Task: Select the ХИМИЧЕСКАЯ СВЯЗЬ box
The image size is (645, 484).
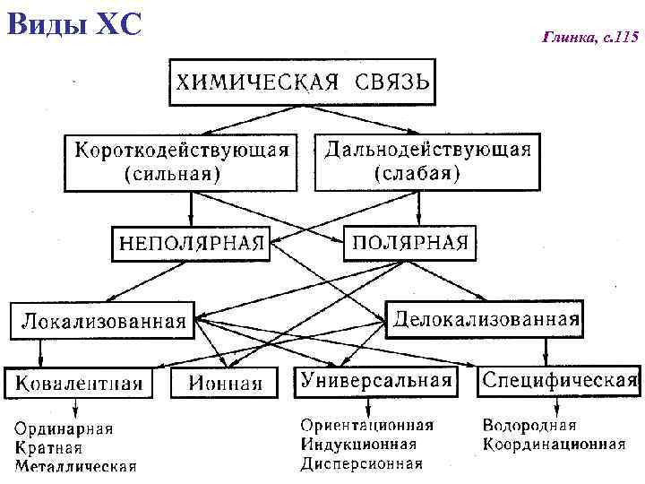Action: coord(302,82)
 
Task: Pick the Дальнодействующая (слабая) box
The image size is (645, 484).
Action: coord(426,161)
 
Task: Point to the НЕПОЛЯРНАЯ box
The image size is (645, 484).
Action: coord(191,243)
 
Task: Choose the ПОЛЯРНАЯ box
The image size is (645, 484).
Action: coord(410,243)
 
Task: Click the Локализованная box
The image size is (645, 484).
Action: coord(104,320)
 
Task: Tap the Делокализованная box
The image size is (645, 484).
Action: coord(486,318)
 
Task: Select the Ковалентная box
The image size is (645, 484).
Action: coord(78,384)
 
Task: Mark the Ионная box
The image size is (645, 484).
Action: coord(225,384)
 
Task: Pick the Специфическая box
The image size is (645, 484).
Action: coord(559,380)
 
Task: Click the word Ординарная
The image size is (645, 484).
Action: coord(64,428)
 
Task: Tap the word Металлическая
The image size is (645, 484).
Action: coord(76,465)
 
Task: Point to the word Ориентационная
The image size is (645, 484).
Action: coord(366,425)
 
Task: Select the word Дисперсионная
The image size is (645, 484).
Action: coord(361,463)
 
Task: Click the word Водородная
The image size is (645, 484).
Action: coord(529,425)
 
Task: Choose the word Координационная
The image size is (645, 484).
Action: coord(554,444)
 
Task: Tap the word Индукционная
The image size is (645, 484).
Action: coord(358,444)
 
